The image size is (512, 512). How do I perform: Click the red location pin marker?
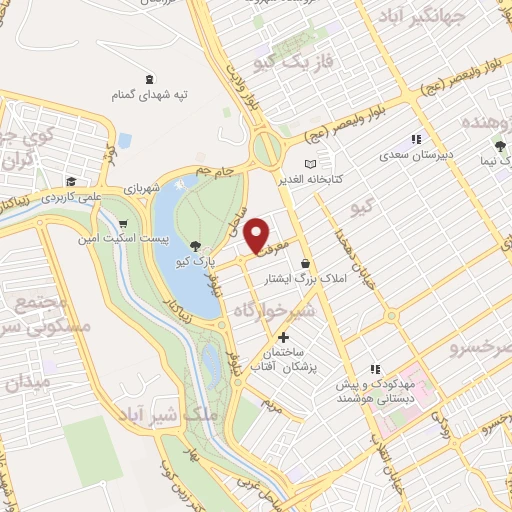(x=259, y=234)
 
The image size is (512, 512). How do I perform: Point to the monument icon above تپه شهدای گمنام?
(x=150, y=79)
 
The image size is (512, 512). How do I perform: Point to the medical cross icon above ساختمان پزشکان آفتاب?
(x=285, y=339)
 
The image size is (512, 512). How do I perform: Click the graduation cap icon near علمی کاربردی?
(x=71, y=181)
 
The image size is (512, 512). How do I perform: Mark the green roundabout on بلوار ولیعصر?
(x=267, y=151)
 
